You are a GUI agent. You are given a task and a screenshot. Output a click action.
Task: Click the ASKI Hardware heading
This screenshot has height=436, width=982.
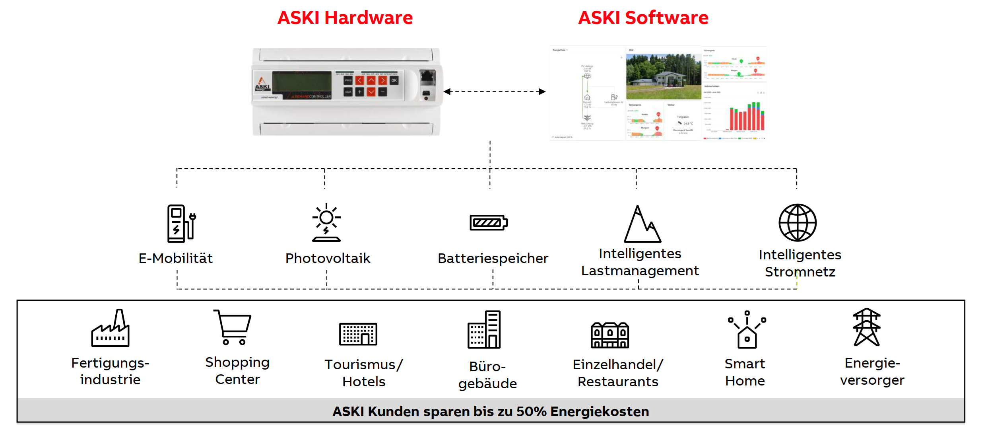[x=345, y=18]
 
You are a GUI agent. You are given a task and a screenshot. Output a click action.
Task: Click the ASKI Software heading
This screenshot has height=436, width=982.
[x=643, y=18]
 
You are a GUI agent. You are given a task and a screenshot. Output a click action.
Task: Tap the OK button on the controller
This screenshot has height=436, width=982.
[x=394, y=80]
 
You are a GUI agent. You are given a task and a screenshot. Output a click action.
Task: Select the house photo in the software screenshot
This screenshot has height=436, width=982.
[x=663, y=76]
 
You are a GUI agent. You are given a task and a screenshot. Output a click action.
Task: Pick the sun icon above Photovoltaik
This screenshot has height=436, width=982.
[x=326, y=222]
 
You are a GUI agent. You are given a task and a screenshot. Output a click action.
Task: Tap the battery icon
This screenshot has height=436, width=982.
[x=489, y=223]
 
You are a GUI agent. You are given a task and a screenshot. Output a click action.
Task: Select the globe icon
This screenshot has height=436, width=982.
[x=797, y=223]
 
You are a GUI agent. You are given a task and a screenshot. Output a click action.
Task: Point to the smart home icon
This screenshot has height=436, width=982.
[x=747, y=330]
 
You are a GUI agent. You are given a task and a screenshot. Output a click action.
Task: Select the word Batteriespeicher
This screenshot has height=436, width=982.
[x=493, y=259]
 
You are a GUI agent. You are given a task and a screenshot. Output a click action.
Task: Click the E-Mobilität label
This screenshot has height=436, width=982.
[x=175, y=259]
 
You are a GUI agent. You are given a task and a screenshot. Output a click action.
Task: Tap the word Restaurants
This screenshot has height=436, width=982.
[x=618, y=382]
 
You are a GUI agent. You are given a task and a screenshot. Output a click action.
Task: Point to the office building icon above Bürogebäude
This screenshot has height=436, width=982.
[x=484, y=330]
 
